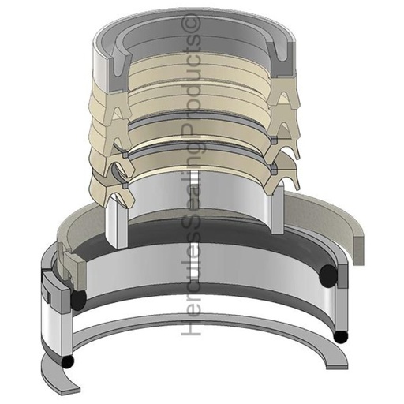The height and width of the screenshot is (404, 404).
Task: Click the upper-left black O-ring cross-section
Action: pos(79,301)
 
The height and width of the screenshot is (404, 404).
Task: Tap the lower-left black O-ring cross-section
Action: pos(69,361)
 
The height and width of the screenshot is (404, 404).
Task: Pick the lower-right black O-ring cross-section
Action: pos(341,337)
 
